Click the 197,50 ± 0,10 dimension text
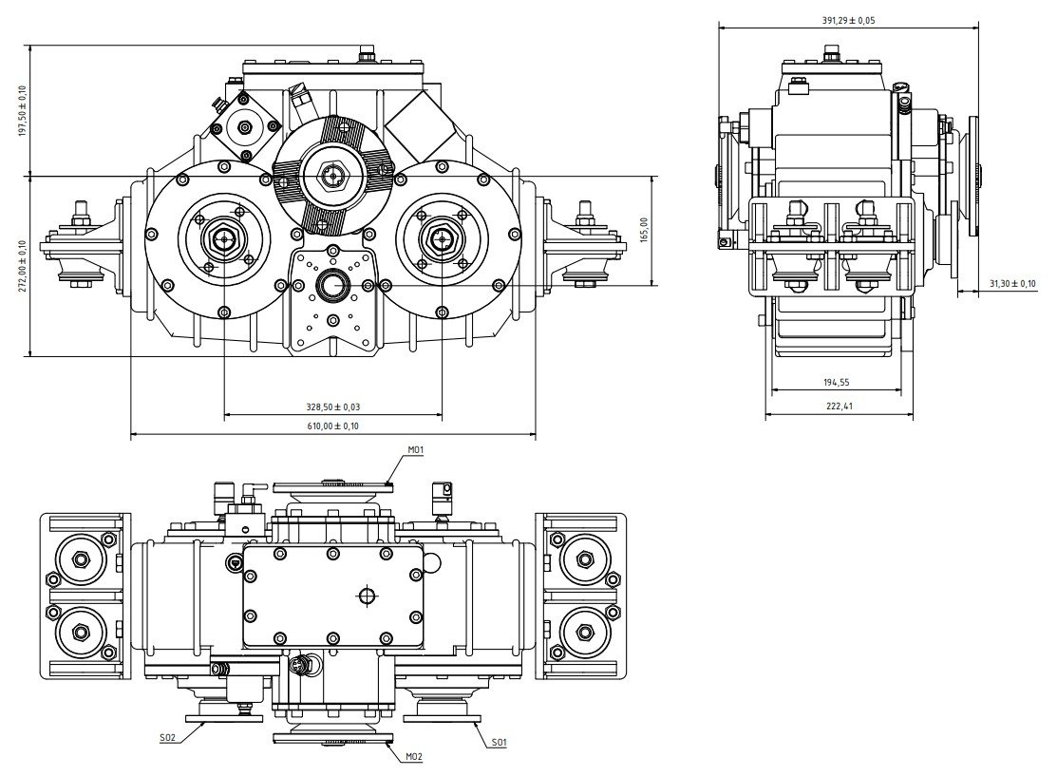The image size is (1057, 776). tap(22, 111)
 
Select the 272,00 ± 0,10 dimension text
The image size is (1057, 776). tap(22, 267)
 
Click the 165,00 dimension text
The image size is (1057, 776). tap(644, 231)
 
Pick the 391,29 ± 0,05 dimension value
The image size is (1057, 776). tap(848, 19)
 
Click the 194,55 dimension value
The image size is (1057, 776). tap(837, 382)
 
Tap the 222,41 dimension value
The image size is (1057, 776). tap(837, 407)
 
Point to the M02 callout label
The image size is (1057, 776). tap(414, 756)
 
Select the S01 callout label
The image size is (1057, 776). tap(499, 742)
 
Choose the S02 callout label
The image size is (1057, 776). tap(168, 736)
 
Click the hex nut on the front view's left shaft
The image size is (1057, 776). tap(224, 239)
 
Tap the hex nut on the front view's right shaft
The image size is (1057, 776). tap(442, 239)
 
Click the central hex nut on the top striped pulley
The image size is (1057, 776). tap(332, 177)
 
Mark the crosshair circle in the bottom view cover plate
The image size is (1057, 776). tap(368, 596)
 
